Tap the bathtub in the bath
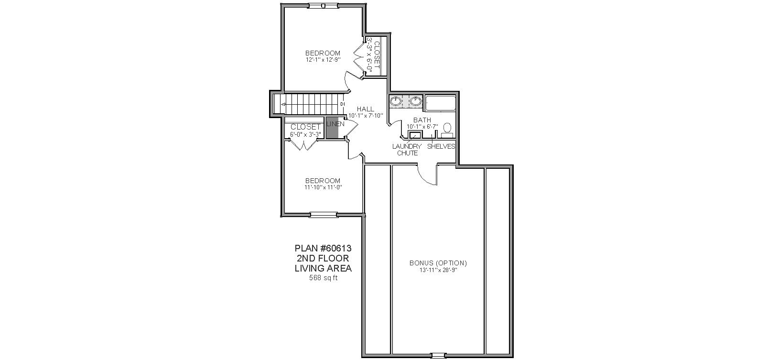tap(441, 103)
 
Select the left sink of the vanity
tap(395, 101)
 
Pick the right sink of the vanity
tap(415, 101)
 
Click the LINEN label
tap(335, 124)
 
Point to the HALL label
tap(366, 109)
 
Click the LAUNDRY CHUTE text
tap(407, 150)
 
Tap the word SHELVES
tap(441, 147)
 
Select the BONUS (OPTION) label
tap(438, 263)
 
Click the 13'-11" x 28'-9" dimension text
tap(438, 270)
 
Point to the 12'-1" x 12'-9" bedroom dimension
tap(323, 60)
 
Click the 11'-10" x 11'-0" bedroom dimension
tap(323, 187)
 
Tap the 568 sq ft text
tap(324, 278)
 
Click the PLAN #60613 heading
tap(323, 249)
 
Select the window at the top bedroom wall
tap(323, 6)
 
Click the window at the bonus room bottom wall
tap(438, 356)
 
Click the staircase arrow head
tap(283, 104)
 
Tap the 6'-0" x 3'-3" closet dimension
tap(305, 134)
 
